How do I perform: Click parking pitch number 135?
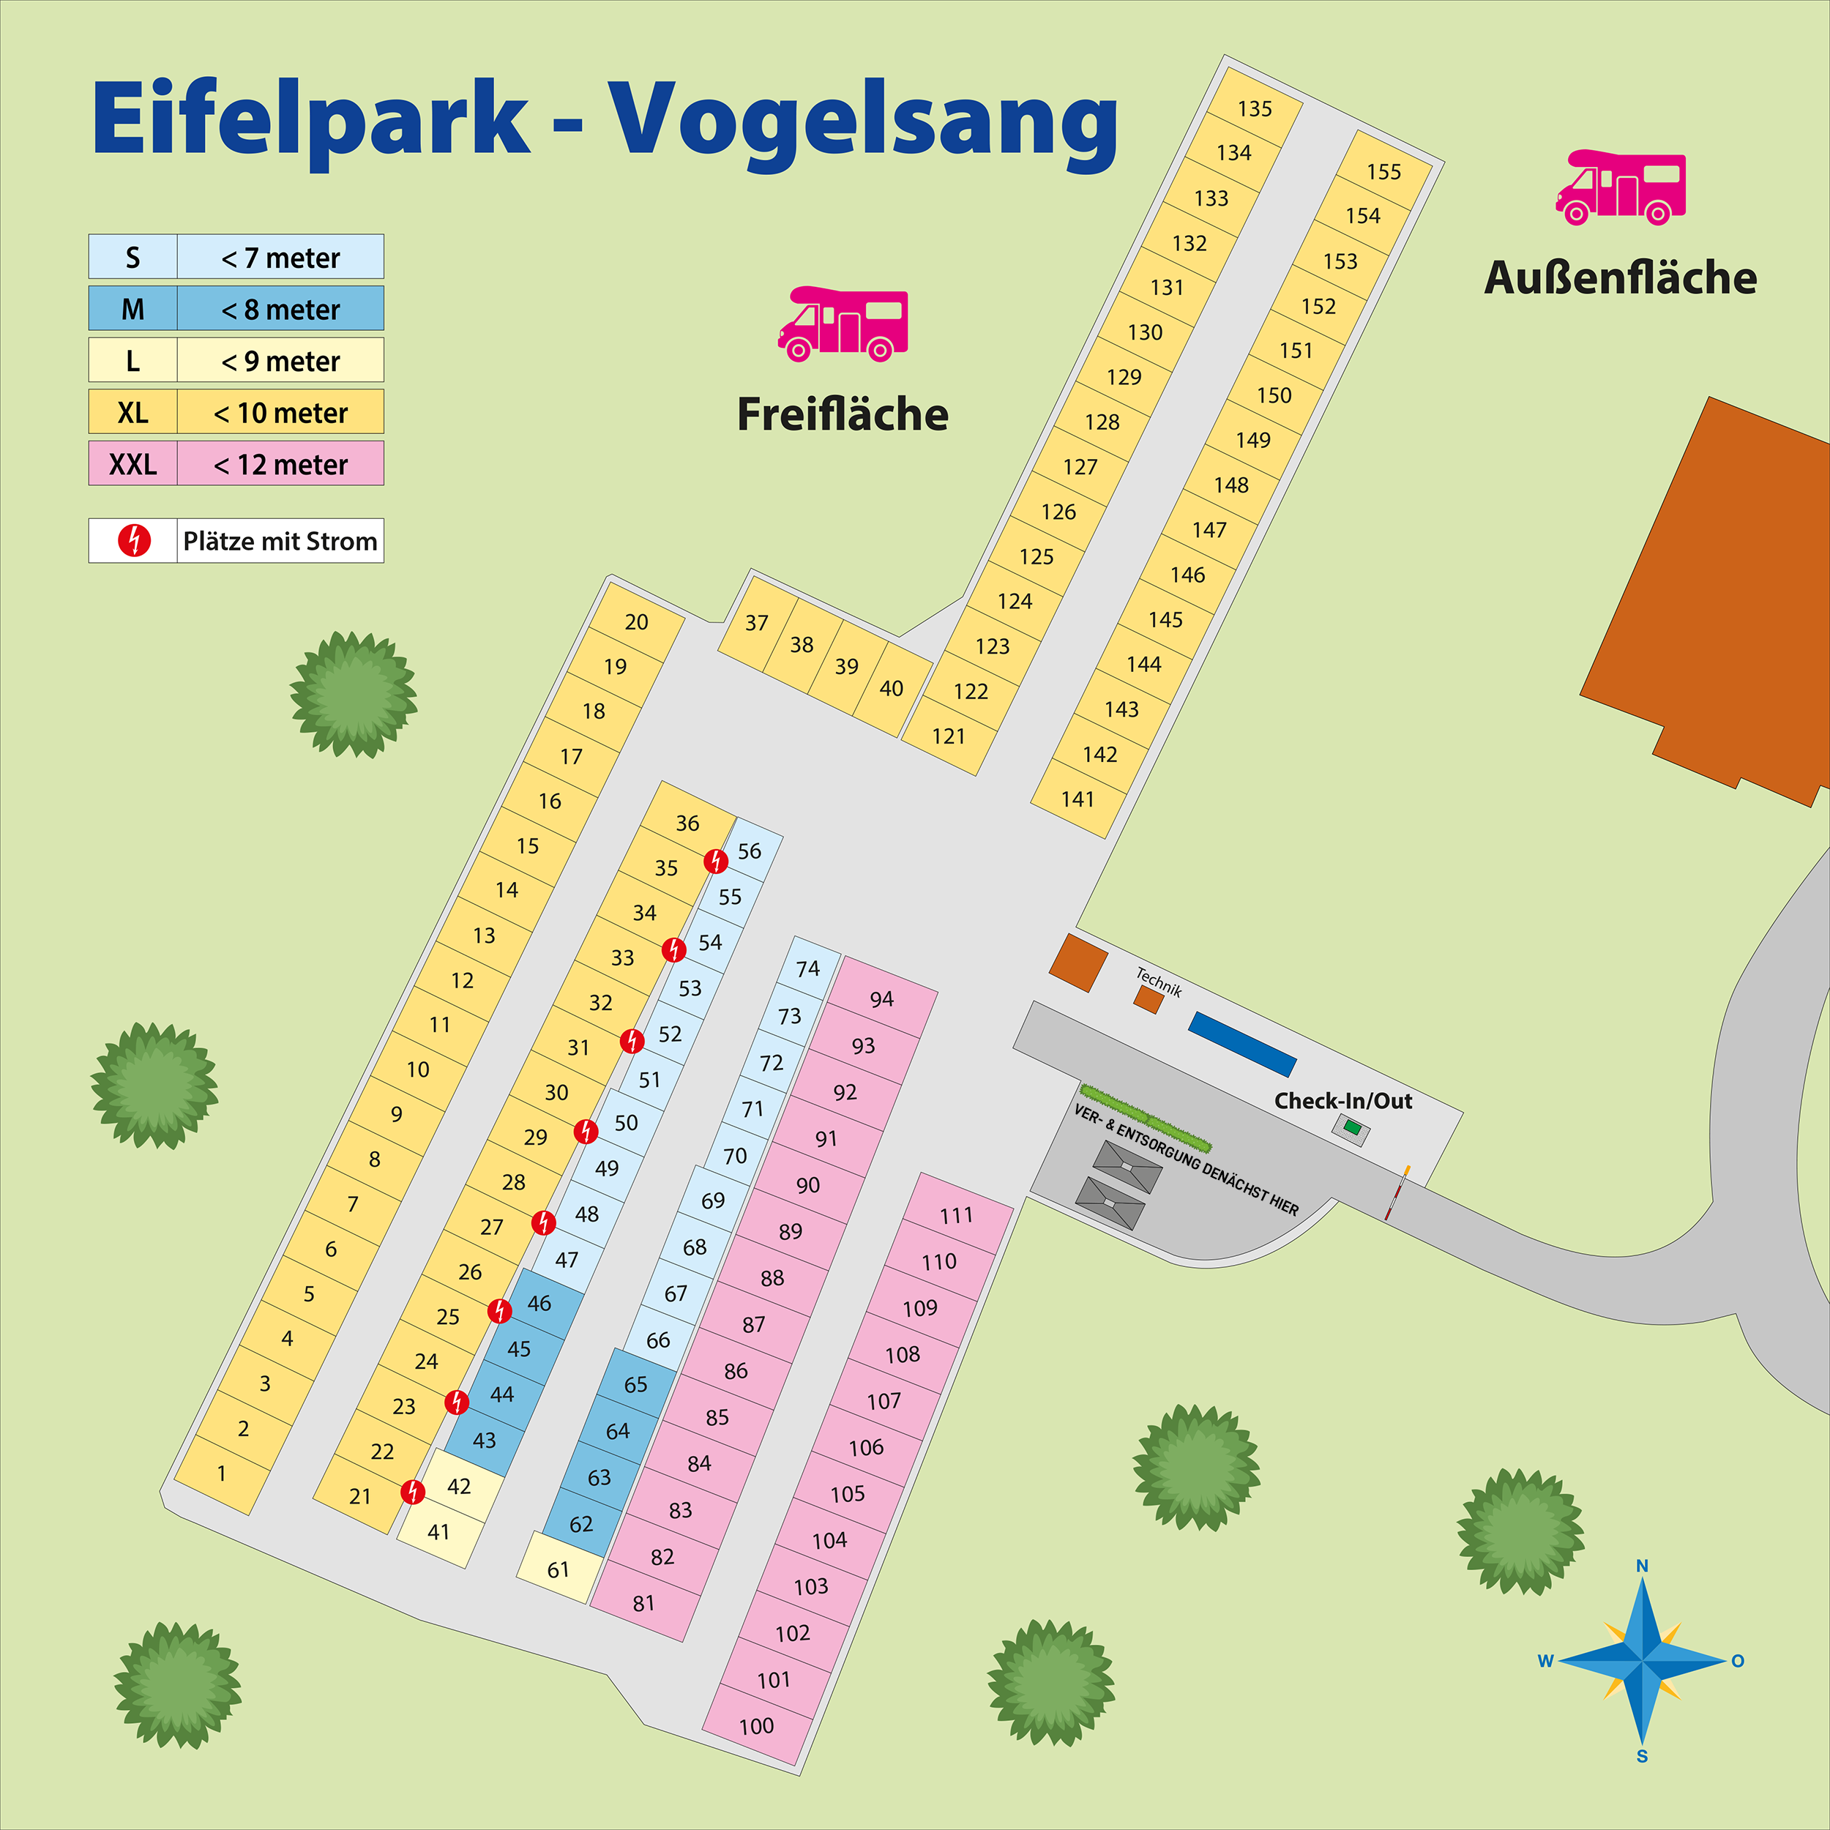click(1254, 109)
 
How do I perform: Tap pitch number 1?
click(222, 1474)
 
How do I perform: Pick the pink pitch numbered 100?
click(756, 1727)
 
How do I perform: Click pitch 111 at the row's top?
click(956, 1215)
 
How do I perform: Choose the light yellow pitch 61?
click(558, 1570)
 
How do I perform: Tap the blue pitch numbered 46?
click(539, 1304)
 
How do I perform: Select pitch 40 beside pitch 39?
click(890, 689)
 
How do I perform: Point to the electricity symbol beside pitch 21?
click(413, 1492)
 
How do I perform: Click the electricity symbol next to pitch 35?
click(716, 861)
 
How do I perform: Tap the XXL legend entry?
click(132, 464)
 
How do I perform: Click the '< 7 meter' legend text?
click(280, 258)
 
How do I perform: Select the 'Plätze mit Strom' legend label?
click(280, 541)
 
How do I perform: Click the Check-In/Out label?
click(1342, 1101)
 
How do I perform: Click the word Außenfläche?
click(1620, 277)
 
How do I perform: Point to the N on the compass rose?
click(1643, 1566)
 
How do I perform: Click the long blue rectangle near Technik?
click(1241, 1045)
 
